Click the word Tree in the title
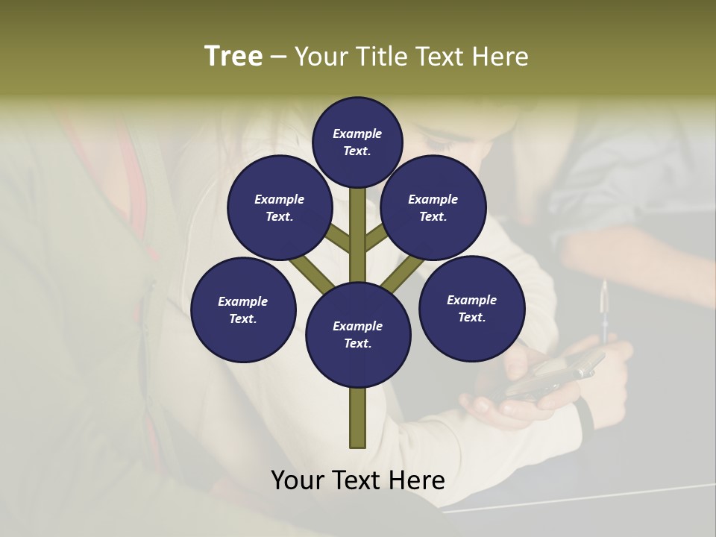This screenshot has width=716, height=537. [233, 57]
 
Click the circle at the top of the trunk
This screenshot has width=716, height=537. [358, 142]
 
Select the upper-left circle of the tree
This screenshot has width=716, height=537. [280, 207]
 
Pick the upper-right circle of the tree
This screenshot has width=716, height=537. [433, 207]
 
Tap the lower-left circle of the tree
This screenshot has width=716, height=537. [243, 310]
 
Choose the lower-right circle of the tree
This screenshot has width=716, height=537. [471, 308]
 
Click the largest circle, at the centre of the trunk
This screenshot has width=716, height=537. [358, 334]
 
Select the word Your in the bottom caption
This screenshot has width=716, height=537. [298, 480]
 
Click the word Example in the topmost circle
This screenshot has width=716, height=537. [357, 134]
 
